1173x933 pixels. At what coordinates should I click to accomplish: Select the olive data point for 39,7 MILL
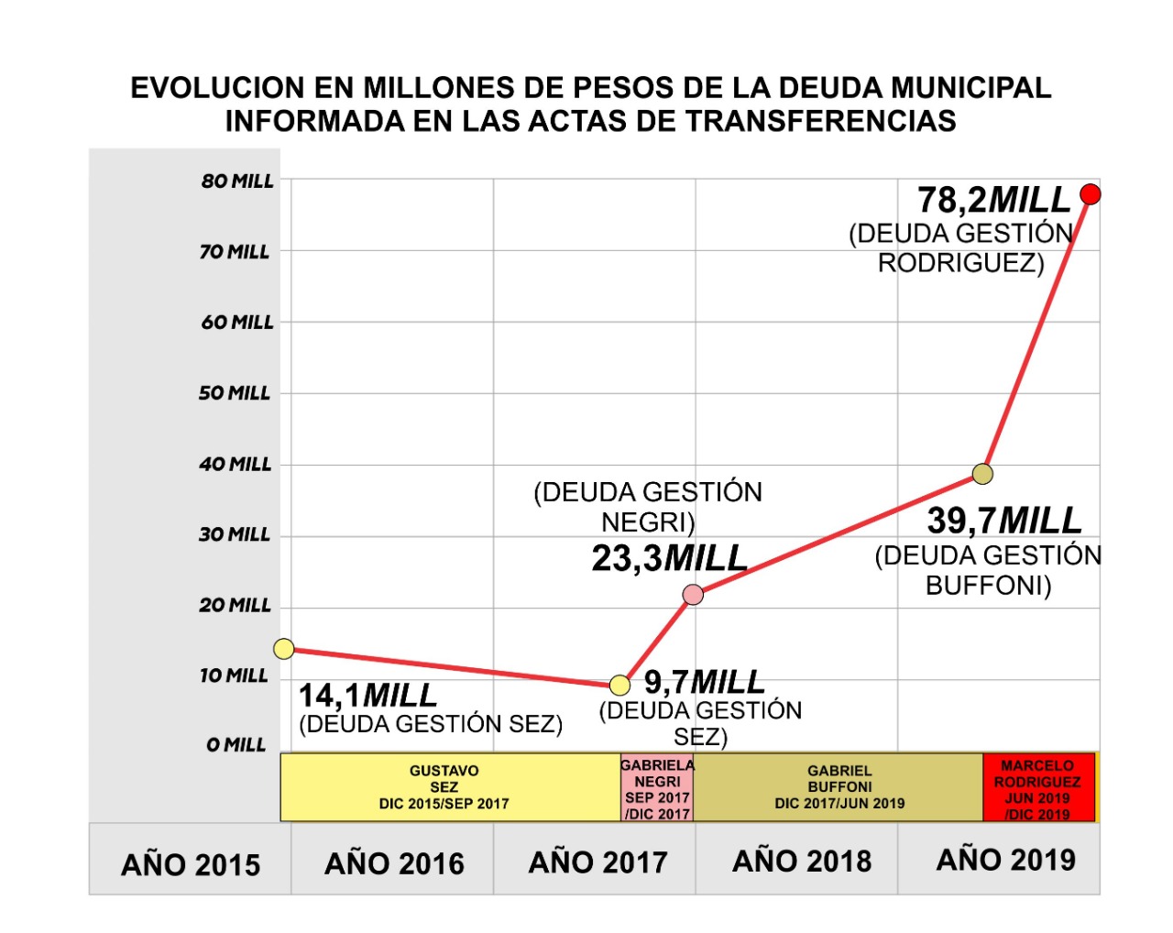pyautogui.click(x=982, y=474)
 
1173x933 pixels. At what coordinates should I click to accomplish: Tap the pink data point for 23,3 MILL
pyautogui.click(x=694, y=595)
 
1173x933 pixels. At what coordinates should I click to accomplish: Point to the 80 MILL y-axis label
pyautogui.click(x=237, y=181)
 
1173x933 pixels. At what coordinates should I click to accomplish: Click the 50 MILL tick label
pyautogui.click(x=235, y=393)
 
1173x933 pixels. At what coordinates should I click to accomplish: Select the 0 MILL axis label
pyautogui.click(x=236, y=745)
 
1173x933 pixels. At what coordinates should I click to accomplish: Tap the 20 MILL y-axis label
pyautogui.click(x=236, y=605)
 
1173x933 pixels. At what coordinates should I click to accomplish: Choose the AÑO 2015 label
pyautogui.click(x=191, y=864)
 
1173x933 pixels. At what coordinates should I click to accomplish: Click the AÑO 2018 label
pyautogui.click(x=802, y=862)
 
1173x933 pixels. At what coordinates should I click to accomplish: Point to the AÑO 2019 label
pyautogui.click(x=1005, y=860)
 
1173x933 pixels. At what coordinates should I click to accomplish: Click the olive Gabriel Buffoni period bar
pyautogui.click(x=839, y=787)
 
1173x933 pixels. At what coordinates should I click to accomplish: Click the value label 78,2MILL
pyautogui.click(x=994, y=199)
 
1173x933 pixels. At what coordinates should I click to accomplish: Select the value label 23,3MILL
pyautogui.click(x=669, y=558)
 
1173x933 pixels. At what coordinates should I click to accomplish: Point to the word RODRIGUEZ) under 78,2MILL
pyautogui.click(x=960, y=264)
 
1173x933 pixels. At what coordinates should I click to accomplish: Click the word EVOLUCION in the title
pyautogui.click(x=216, y=88)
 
